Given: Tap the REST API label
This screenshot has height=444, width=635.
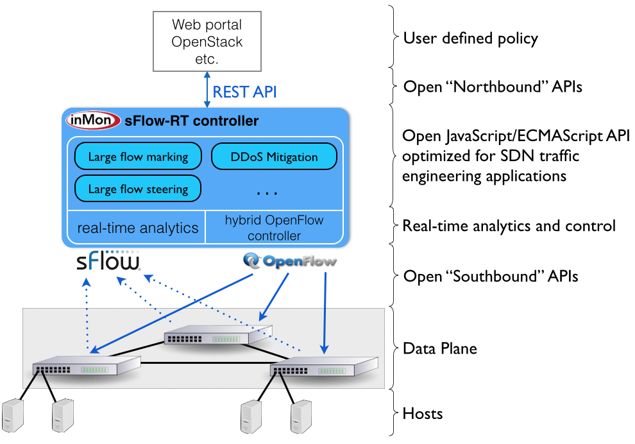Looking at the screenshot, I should click(244, 92).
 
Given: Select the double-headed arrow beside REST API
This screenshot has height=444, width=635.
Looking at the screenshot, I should click(207, 90).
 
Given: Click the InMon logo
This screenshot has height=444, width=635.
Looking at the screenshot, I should click(94, 121).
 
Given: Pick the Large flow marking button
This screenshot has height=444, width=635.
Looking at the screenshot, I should click(138, 157).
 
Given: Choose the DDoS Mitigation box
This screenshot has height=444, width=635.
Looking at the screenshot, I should click(274, 157).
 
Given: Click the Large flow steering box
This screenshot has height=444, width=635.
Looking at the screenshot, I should click(138, 189).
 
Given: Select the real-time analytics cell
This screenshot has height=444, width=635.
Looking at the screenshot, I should click(137, 228).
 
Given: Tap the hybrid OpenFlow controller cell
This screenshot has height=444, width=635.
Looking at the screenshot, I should click(274, 228).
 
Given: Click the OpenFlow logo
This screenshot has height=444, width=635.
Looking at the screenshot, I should click(290, 261).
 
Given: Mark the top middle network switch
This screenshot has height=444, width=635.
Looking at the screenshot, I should click(215, 337).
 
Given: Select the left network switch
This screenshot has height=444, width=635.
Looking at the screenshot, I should click(87, 366).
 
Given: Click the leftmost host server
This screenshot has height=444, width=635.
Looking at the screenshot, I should click(15, 416).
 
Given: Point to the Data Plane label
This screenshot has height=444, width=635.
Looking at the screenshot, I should click(439, 348).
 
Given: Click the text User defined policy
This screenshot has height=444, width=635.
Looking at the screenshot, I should click(470, 38).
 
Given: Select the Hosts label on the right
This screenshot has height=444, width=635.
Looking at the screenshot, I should click(422, 413).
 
